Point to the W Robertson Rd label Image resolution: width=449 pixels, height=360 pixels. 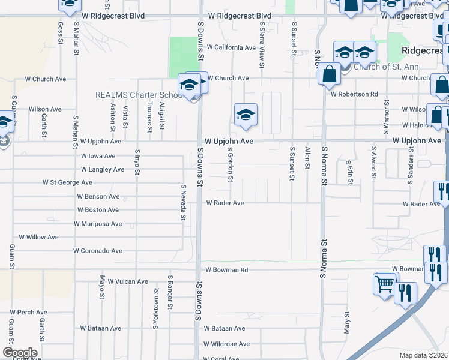[354, 94]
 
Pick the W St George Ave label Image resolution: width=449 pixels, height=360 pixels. [67, 182]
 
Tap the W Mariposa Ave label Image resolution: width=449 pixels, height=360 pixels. [98, 224]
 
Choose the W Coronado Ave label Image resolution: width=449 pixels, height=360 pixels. [98, 251]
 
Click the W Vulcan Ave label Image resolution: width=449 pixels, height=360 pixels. [124, 281]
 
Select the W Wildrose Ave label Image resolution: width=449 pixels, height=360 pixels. [226, 344]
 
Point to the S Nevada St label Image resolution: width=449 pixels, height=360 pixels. [183, 202]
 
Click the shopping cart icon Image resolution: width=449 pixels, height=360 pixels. [384, 284]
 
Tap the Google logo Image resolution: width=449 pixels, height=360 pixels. [20, 353]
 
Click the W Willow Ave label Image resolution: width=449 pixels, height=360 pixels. [39, 238]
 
